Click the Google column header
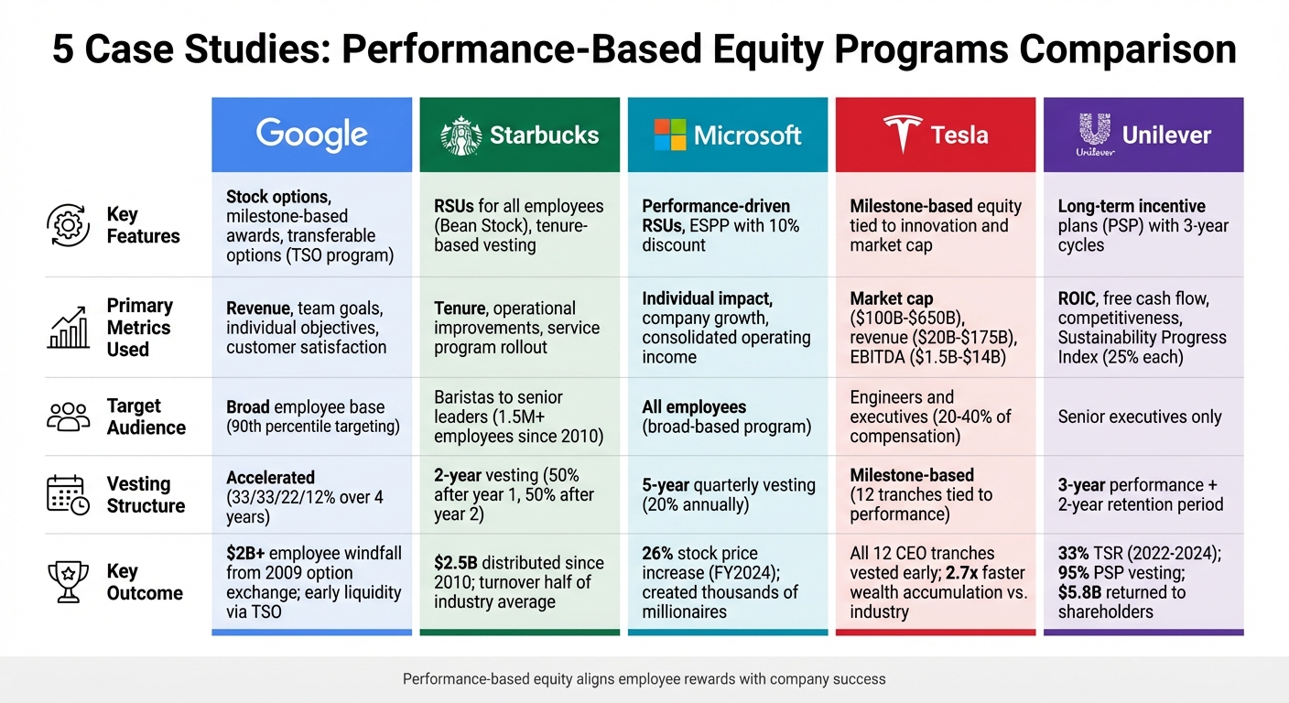(311, 135)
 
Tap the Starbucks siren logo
(460, 135)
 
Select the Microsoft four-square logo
(669, 135)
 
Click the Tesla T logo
(902, 135)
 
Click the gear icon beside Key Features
(68, 225)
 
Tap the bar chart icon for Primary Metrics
(68, 328)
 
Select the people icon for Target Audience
(68, 416)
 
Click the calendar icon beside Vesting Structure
(68, 494)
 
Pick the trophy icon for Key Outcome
(68, 582)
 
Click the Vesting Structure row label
(146, 494)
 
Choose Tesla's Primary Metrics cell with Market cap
(935, 328)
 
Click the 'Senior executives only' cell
(1140, 416)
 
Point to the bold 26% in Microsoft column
(658, 553)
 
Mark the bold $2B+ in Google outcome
(247, 553)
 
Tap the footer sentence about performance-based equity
(644, 679)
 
